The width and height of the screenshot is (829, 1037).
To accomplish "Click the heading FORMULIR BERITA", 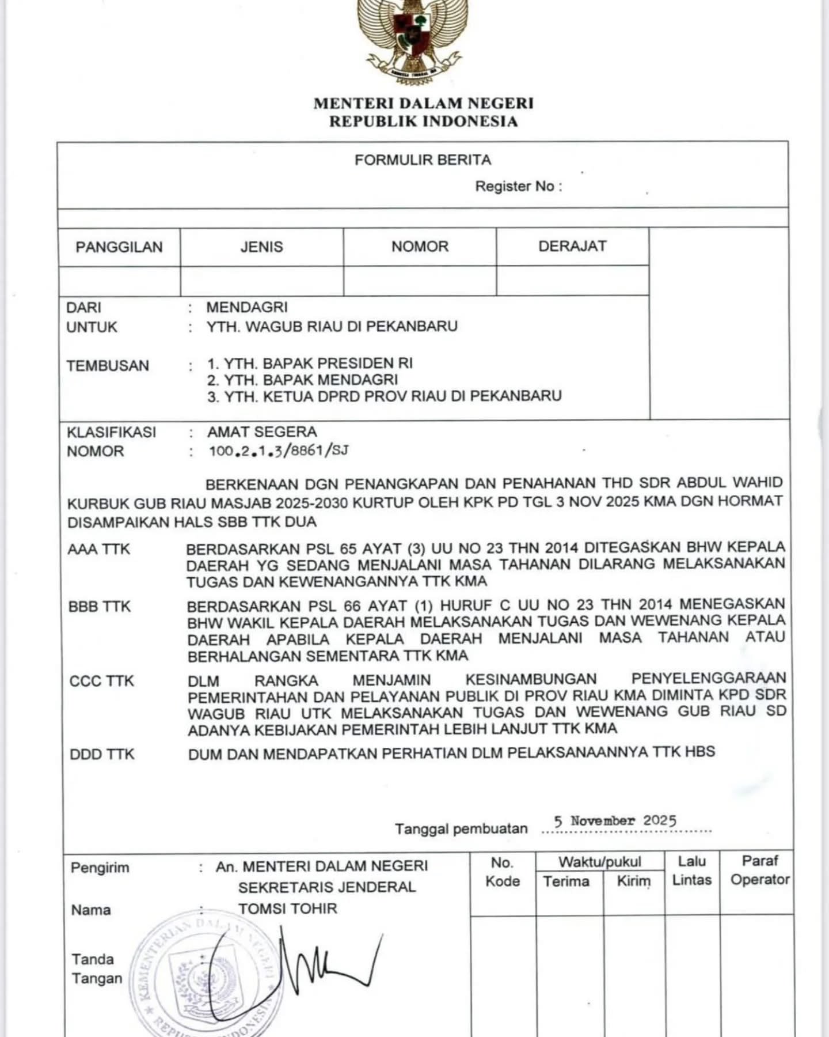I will [x=423, y=160].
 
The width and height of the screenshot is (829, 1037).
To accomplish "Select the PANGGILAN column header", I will [x=119, y=247].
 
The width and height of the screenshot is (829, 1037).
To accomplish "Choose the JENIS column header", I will [x=262, y=247].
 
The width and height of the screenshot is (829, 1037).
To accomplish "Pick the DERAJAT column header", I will [x=572, y=247].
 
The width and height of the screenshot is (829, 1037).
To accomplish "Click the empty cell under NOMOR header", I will [x=420, y=281].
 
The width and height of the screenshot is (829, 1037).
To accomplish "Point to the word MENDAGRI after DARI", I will [x=247, y=307].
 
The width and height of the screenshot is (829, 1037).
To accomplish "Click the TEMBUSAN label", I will [x=108, y=366].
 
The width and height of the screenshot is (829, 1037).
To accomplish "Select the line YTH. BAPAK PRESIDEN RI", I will [x=310, y=364].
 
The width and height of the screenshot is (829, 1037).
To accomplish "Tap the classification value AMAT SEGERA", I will [x=262, y=432].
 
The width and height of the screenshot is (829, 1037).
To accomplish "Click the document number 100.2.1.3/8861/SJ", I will [x=279, y=451].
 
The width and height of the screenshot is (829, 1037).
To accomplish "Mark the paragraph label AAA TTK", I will [x=99, y=550].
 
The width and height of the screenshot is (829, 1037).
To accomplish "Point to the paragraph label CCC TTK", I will [x=101, y=681].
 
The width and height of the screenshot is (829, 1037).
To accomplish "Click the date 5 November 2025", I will [x=615, y=820].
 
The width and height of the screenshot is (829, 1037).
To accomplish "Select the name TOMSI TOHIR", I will [x=288, y=909].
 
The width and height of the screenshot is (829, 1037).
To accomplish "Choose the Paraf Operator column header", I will [x=760, y=871].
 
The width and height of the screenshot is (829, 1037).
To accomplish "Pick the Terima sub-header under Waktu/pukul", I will [x=566, y=881].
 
